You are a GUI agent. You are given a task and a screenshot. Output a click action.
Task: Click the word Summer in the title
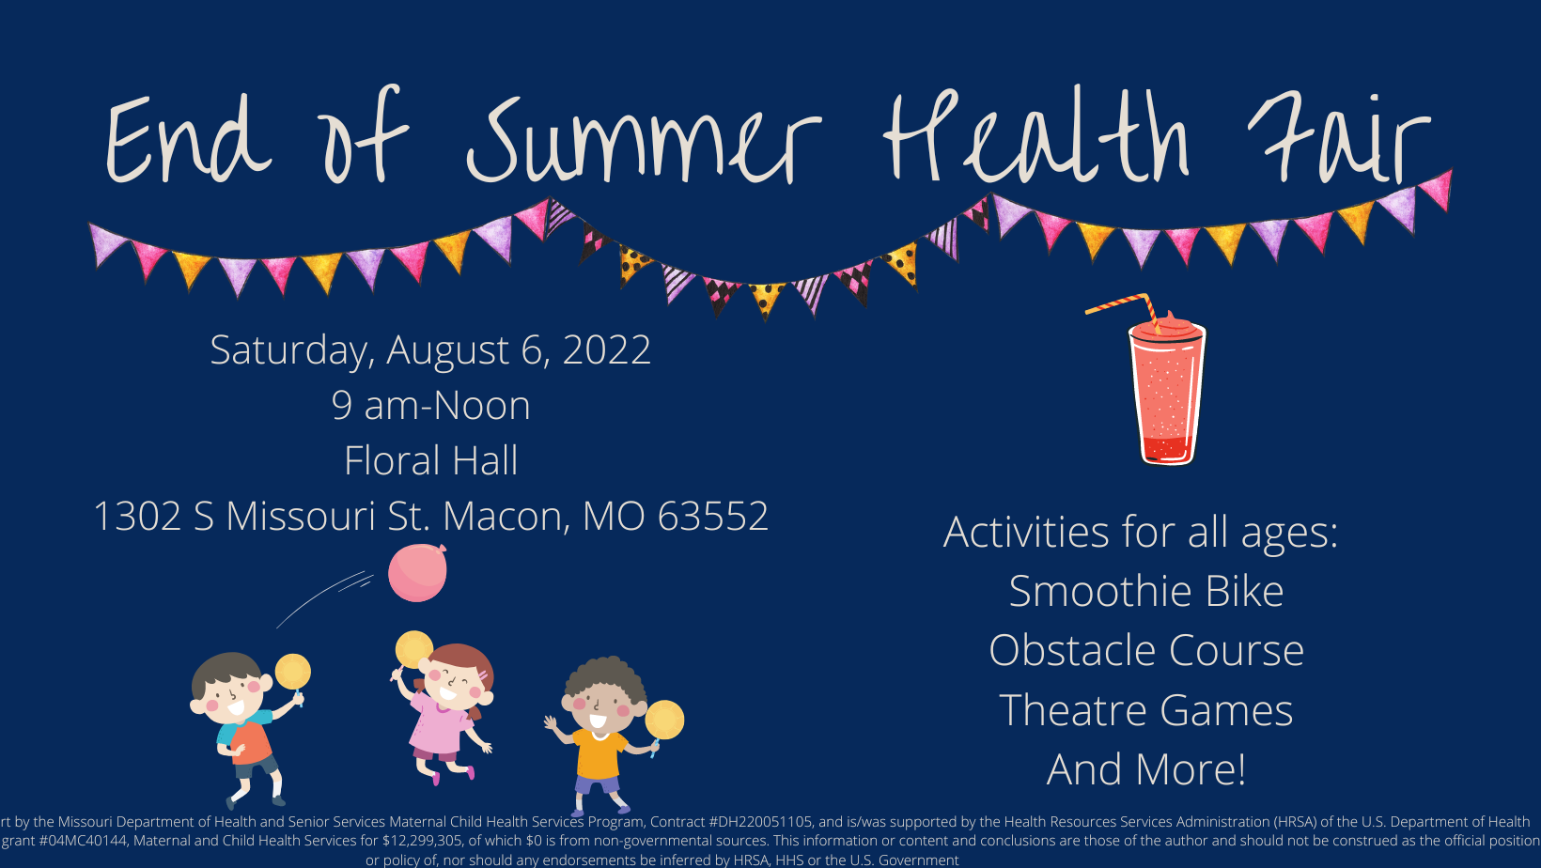point(644,140)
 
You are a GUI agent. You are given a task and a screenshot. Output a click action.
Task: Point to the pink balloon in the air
point(417,573)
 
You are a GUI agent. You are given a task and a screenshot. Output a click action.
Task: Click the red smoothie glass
point(1167,390)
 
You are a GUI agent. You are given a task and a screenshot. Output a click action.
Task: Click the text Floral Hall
point(430,460)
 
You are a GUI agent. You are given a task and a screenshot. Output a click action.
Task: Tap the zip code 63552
point(712,516)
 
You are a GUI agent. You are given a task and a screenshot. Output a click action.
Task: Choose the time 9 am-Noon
point(430,405)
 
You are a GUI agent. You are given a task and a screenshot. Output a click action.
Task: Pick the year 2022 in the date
point(607,349)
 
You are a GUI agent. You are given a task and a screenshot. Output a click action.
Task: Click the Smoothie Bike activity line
point(1146,591)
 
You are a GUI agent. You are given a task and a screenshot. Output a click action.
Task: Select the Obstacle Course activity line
point(1146,650)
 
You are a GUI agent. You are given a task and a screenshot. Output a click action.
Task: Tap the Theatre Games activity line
point(1146,710)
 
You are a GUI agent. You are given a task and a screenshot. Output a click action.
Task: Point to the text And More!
point(1146,769)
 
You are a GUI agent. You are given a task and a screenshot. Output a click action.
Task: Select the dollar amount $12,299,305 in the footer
point(421,841)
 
